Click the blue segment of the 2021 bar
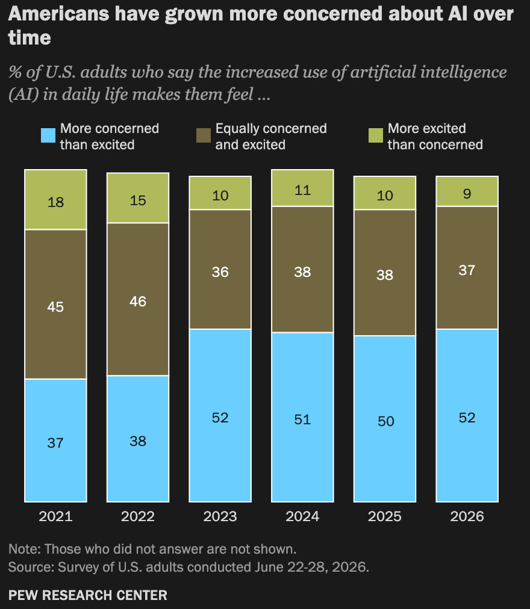55,440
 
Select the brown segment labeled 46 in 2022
138,299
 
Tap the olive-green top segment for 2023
220,193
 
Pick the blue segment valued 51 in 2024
302,417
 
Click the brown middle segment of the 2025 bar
385,273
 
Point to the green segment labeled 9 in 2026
467,191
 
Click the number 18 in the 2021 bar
55,202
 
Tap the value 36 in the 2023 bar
220,272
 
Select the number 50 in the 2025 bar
385,421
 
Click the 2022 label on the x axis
138,516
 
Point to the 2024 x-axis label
302,516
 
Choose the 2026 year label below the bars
467,516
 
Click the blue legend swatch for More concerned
48,135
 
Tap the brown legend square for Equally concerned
204,135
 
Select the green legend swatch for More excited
376,135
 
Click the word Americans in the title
58,14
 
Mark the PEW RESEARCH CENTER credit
88,595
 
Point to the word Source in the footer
31,567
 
